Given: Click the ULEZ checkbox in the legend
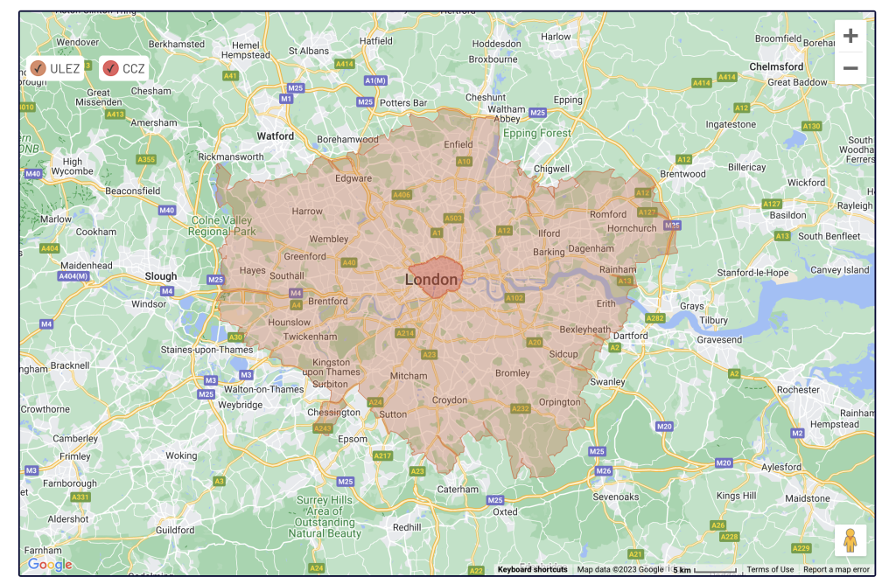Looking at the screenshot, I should pyautogui.click(x=38, y=68).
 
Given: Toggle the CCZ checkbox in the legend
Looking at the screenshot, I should pyautogui.click(x=110, y=68).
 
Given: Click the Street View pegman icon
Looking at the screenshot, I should pyautogui.click(x=850, y=541).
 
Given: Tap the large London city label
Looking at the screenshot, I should pyautogui.click(x=431, y=280).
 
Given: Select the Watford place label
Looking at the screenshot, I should pyautogui.click(x=275, y=136).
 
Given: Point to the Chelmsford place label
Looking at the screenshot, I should pyautogui.click(x=775, y=66).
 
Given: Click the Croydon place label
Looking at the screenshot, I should pyautogui.click(x=450, y=400).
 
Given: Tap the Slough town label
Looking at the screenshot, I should pyautogui.click(x=161, y=276).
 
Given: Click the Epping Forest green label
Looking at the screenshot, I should pyautogui.click(x=536, y=134).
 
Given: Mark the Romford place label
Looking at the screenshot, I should pyautogui.click(x=608, y=214).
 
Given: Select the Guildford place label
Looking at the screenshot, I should pyautogui.click(x=174, y=530).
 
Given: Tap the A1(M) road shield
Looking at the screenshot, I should pyautogui.click(x=375, y=80).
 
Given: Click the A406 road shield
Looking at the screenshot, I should pyautogui.click(x=402, y=194).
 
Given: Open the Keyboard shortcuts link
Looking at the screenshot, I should pyautogui.click(x=532, y=569).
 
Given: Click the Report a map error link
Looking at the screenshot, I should pyautogui.click(x=836, y=569).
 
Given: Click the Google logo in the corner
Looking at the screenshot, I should pyautogui.click(x=49, y=566).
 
